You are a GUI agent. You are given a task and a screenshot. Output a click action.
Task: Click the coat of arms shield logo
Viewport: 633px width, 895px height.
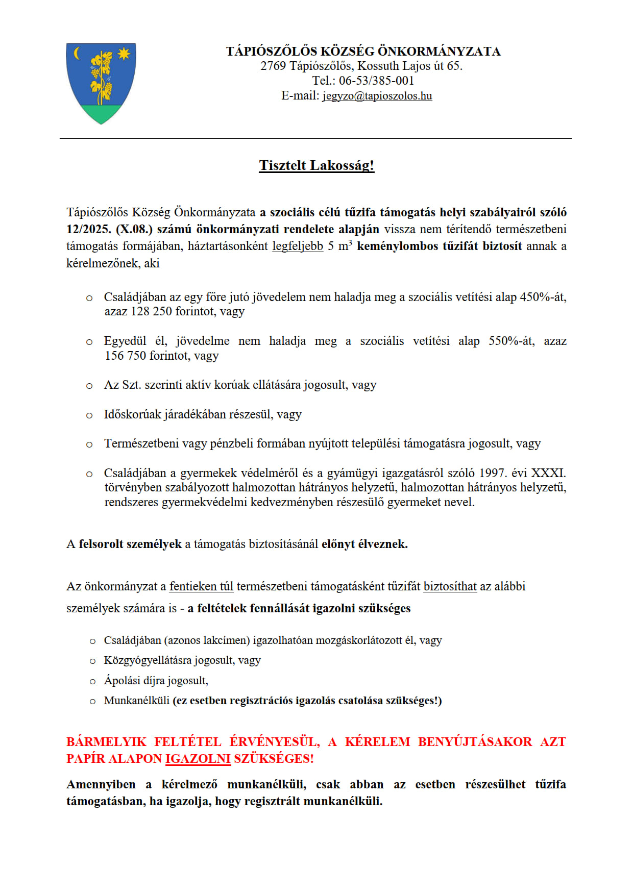point(101,83)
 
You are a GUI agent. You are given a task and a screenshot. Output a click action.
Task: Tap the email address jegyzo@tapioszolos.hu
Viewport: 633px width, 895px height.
point(377,96)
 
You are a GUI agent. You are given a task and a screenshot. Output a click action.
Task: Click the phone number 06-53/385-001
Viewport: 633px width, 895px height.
point(376,81)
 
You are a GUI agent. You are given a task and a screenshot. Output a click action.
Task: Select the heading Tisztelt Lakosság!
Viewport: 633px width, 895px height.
point(316,165)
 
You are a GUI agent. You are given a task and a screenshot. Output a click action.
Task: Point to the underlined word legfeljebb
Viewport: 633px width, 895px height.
point(298,246)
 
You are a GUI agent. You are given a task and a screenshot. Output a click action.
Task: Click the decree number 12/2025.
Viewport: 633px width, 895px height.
point(88,229)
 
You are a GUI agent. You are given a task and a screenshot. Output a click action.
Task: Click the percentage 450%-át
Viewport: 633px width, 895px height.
point(543,297)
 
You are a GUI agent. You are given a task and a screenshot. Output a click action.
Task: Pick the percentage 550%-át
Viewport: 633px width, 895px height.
point(512,341)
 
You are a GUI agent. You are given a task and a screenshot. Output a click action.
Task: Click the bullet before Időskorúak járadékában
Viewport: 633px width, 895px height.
point(89,415)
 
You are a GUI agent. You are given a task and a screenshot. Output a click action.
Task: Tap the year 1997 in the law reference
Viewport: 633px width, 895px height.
point(492,473)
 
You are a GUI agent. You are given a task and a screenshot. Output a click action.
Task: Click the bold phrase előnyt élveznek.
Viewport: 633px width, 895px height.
point(364,544)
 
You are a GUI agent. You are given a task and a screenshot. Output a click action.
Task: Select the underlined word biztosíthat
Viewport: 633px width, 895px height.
point(450,586)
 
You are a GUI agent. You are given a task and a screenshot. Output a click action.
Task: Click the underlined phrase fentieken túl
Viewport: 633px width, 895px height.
point(201,586)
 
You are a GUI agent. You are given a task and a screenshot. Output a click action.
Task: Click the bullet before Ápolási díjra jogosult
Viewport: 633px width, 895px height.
point(92,681)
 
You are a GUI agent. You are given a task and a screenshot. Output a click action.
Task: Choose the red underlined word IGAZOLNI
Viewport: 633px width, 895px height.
point(198,759)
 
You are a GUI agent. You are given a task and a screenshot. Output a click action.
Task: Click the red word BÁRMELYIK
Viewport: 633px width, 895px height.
point(106,742)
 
